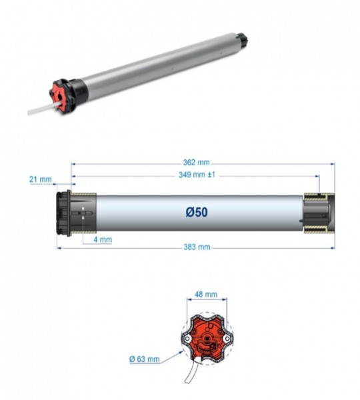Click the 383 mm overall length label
(x=196, y=247)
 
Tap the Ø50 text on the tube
(x=197, y=212)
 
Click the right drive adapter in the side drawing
(x=319, y=213)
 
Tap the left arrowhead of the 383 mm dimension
(x=59, y=247)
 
